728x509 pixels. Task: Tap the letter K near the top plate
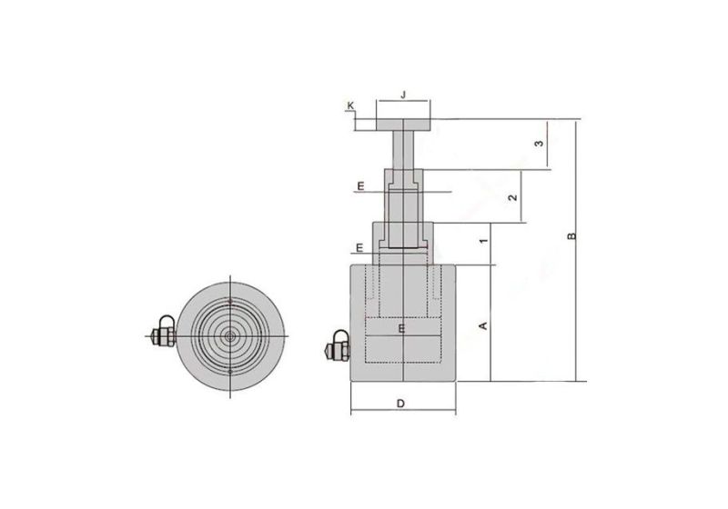click(x=350, y=106)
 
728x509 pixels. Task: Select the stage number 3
click(x=539, y=144)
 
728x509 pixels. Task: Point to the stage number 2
click(x=513, y=197)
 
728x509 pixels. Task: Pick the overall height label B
click(x=571, y=236)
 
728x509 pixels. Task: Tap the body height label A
click(x=484, y=324)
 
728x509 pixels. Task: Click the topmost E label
click(x=360, y=186)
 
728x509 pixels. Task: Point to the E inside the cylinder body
click(x=400, y=329)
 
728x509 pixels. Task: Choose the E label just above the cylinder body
click(x=360, y=247)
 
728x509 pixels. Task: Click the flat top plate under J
click(x=401, y=125)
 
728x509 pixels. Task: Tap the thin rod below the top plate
click(x=401, y=150)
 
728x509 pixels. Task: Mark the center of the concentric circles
click(x=231, y=335)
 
